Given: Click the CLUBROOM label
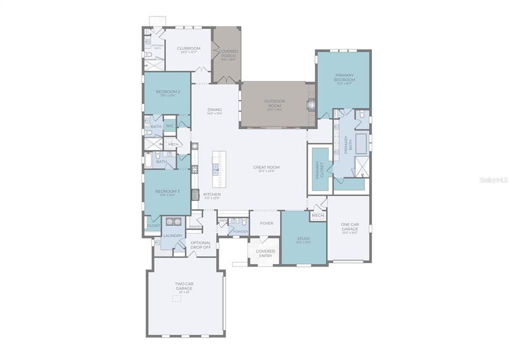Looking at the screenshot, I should coord(188,48).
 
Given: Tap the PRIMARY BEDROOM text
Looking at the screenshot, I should coord(344,77).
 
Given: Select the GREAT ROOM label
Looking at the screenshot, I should coord(265,167).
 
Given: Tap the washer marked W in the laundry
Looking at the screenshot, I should coord(169,221).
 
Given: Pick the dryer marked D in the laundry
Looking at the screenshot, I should coord(178,221).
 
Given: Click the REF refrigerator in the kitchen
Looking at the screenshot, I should coord(195,194).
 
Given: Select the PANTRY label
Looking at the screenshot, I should coord(195,226).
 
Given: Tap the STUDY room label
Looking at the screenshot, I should coord(303,239).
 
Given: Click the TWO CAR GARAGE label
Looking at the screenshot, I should coord(184,286).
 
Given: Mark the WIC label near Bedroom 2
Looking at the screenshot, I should coord(170,126).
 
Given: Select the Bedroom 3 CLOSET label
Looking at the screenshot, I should coord(153,225).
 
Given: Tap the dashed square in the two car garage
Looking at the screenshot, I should coord(177,298).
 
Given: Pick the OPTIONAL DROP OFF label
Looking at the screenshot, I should coord(200,245).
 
